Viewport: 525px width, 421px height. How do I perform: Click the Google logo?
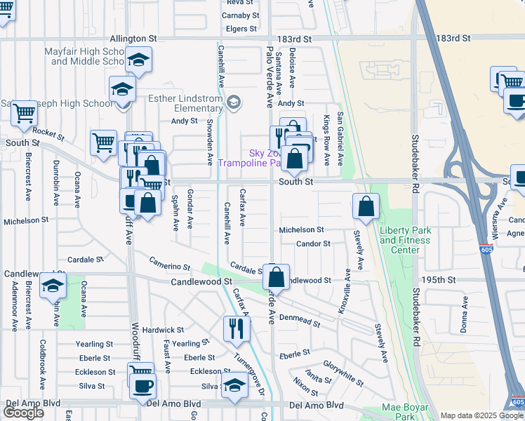click(x=24, y=413)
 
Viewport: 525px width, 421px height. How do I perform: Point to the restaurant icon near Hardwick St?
click(x=237, y=328)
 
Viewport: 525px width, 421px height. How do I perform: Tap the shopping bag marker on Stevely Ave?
click(x=366, y=206)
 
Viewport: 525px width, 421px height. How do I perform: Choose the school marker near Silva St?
click(x=234, y=384)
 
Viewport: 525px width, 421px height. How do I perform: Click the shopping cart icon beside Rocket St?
click(x=103, y=142)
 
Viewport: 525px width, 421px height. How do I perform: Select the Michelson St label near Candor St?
click(x=301, y=229)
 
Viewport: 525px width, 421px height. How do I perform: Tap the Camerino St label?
click(x=169, y=264)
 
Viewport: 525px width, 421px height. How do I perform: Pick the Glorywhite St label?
click(x=343, y=373)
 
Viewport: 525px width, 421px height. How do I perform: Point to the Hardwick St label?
click(x=162, y=329)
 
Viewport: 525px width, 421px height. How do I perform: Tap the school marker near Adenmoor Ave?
click(x=52, y=285)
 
